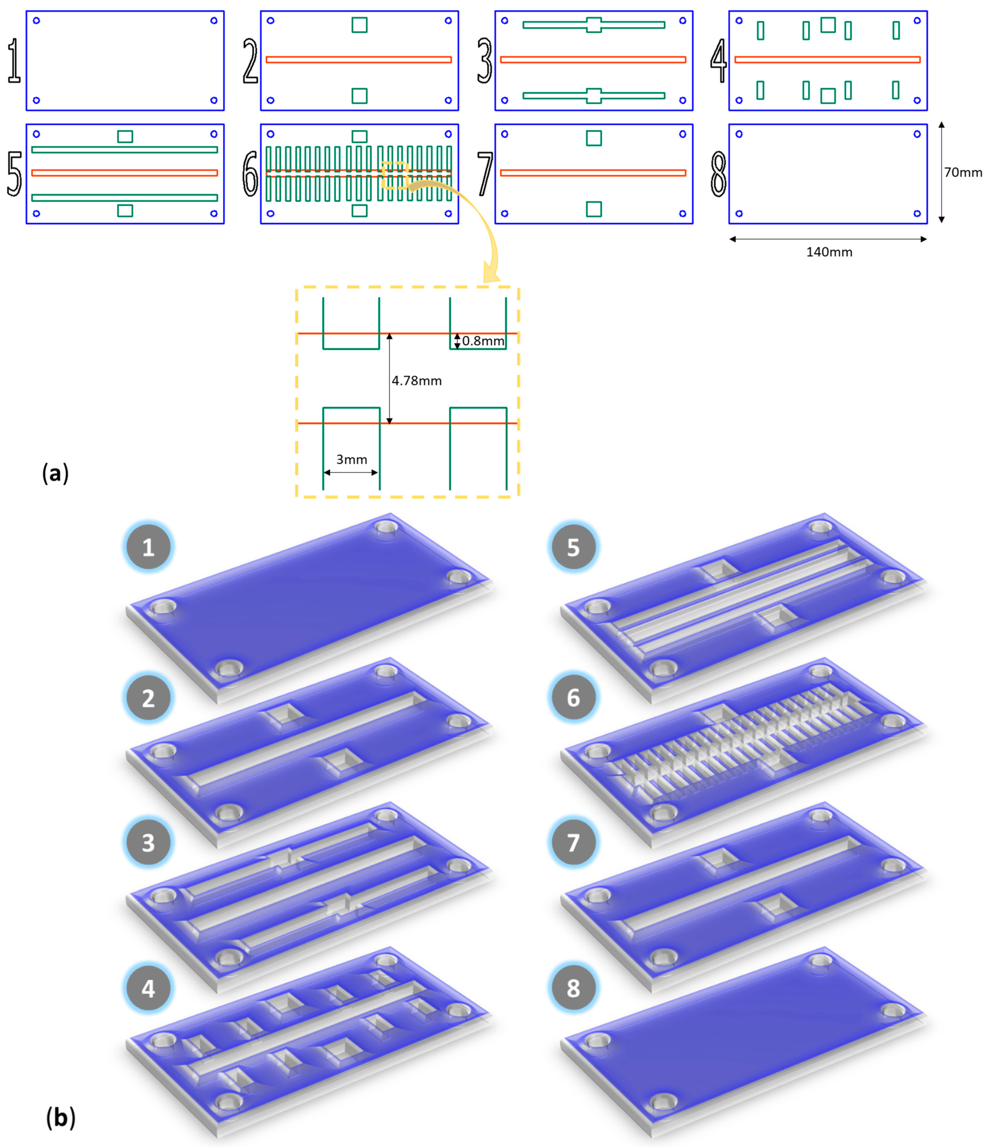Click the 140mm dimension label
click(x=829, y=253)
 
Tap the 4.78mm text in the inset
click(x=416, y=381)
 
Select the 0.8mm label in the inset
click(x=483, y=341)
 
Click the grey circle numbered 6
click(x=573, y=698)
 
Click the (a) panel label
click(x=55, y=474)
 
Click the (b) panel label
click(x=60, y=1118)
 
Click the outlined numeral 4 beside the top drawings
click(x=719, y=61)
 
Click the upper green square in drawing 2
click(x=359, y=25)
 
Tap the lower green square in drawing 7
click(x=593, y=209)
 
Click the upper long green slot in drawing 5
click(x=124, y=149)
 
